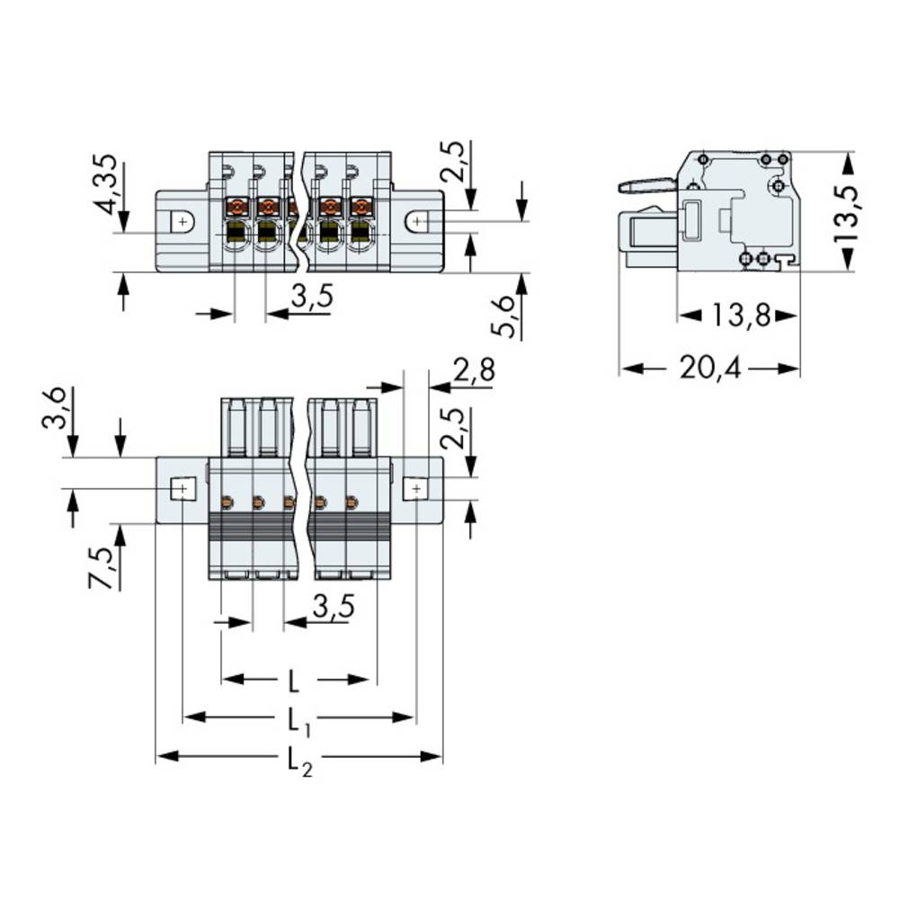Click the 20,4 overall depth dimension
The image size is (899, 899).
coord(709,369)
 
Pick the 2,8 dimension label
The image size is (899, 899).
coord(473,370)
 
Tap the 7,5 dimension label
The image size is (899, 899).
coord(102,567)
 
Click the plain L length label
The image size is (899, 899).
coord(294,681)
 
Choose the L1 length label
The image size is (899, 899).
coord(298,719)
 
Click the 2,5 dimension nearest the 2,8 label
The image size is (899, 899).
coord(458,428)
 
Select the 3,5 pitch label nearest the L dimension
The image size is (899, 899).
coord(332,608)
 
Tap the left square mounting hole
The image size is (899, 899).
coord(182,489)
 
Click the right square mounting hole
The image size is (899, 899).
coord(415,489)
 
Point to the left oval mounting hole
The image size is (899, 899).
coord(182,220)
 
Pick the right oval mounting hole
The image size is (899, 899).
coord(418,220)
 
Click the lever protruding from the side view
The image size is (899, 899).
coord(646,186)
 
